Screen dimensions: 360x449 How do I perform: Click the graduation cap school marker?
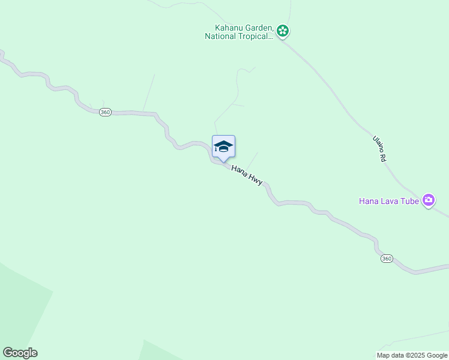[223, 146]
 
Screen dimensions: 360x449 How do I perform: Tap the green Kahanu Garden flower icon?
[283, 31]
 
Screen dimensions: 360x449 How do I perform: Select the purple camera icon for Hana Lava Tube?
[428, 200]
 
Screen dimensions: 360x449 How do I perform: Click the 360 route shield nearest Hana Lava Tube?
[387, 259]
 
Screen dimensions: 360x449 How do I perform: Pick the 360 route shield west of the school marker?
[105, 113]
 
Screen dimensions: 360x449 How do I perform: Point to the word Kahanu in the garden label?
[229, 28]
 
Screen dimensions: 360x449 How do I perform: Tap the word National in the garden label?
[220, 36]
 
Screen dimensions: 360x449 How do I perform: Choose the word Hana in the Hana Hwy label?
[239, 169]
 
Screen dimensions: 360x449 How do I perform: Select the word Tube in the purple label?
[410, 201]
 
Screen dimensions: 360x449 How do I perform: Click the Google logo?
[20, 353]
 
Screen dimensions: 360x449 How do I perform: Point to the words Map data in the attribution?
[390, 356]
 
